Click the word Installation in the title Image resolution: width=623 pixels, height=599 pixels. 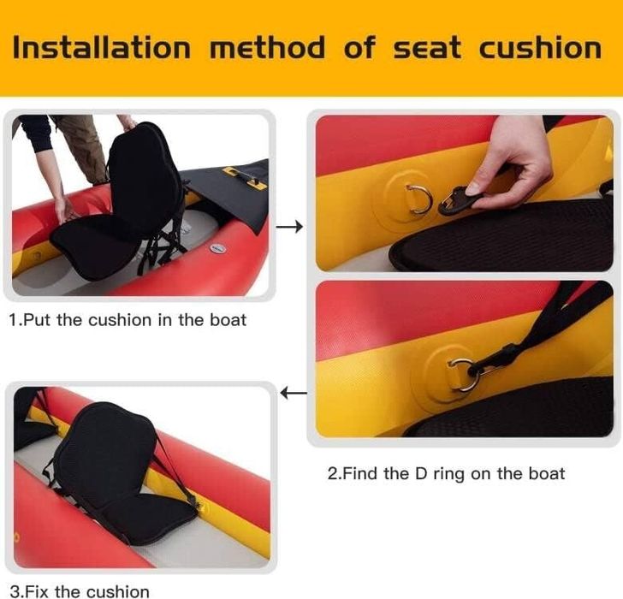[x=102, y=48]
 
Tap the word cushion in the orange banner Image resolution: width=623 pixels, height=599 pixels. [x=540, y=48]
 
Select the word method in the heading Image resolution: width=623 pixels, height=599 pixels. [x=267, y=48]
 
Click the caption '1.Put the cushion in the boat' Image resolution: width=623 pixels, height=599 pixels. [x=128, y=320]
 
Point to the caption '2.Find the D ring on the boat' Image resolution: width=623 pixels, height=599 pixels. [x=446, y=473]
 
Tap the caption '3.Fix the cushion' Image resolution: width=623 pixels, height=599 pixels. [x=80, y=591]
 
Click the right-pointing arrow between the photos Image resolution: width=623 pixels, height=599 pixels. [x=289, y=227]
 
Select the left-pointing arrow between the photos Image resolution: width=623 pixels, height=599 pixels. [x=294, y=394]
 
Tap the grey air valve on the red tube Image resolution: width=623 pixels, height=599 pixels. [x=217, y=248]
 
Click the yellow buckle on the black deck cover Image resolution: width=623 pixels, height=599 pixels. [x=242, y=177]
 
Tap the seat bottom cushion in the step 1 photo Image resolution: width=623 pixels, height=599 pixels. [x=95, y=248]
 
